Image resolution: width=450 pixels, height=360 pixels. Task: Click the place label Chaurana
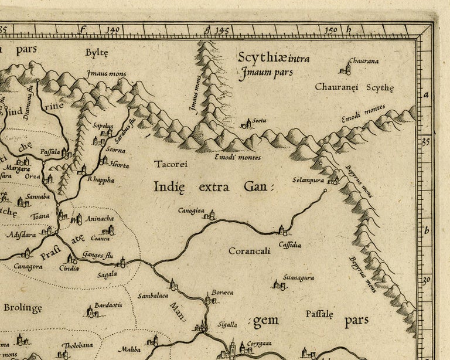pyautogui.click(x=363, y=60)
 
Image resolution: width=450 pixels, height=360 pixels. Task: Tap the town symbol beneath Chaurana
pyautogui.click(x=347, y=69)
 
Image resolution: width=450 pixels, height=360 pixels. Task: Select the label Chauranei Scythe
pyautogui.click(x=354, y=87)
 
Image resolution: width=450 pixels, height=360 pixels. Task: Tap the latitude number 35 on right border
pyautogui.click(x=426, y=141)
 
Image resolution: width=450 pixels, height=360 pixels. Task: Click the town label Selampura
pyautogui.click(x=308, y=180)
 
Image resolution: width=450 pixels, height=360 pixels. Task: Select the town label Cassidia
pyautogui.click(x=290, y=244)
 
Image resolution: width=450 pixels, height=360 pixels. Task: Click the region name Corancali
pyautogui.click(x=249, y=250)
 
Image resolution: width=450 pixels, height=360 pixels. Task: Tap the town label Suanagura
pyautogui.click(x=298, y=277)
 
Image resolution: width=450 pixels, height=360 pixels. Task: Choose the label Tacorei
pyautogui.click(x=171, y=164)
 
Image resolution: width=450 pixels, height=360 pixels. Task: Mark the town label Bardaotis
pyautogui.click(x=107, y=304)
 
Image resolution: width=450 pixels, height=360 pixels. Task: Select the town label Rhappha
pyautogui.click(x=100, y=180)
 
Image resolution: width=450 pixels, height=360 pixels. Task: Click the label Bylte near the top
pyautogui.click(x=97, y=53)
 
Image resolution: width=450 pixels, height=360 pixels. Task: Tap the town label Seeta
pyautogui.click(x=259, y=120)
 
